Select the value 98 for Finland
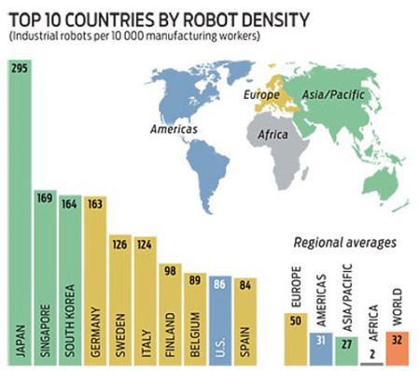click(x=170, y=271)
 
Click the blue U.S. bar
click(x=219, y=318)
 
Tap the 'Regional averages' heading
click(x=345, y=243)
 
